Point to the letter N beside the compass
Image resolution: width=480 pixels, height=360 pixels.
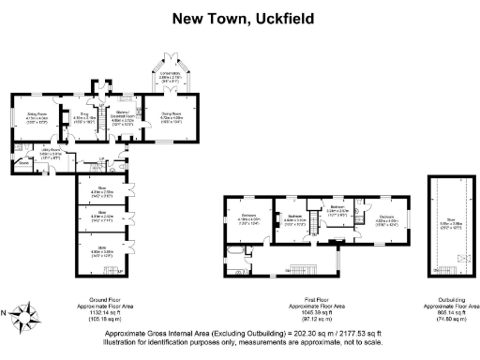click(8, 313)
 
